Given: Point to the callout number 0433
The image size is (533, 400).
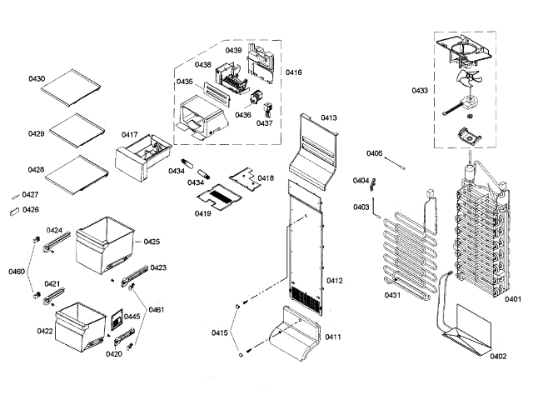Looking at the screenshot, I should tap(420, 90).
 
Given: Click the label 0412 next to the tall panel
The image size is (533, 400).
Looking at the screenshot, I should tap(334, 281).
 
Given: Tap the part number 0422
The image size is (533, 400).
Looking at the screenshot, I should tap(45, 331).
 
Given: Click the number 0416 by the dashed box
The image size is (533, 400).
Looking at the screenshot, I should tap(293, 73).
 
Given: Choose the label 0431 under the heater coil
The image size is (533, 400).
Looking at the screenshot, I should tap(392, 295).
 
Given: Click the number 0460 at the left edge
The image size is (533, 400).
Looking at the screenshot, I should tap(17, 272).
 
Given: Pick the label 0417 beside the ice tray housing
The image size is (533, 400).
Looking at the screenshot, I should tap(129, 134).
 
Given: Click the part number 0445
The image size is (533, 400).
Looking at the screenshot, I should tap(132, 317).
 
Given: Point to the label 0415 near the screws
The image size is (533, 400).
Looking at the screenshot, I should tap(219, 332).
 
